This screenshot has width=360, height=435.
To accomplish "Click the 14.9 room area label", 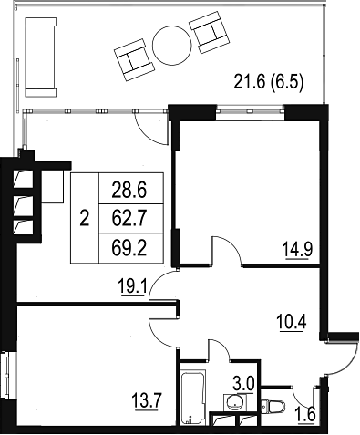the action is (x=298, y=249).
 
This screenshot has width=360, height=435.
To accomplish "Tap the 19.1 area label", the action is (x=134, y=287).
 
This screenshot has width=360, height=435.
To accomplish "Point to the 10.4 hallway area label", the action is (x=292, y=322).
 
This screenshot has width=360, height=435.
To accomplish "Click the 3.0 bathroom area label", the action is (x=243, y=385).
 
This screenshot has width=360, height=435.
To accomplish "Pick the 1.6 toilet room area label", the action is (x=306, y=415).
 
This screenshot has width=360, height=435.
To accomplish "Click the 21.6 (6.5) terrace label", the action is (x=269, y=82).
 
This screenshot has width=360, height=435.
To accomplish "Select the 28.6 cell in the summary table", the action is (x=129, y=191).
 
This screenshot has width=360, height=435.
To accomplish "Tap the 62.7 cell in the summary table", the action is (x=129, y=218).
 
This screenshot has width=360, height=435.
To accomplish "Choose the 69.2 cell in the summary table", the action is (x=129, y=248).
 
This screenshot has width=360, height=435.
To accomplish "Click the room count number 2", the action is (x=85, y=218).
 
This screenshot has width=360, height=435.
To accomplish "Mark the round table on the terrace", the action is (x=172, y=46).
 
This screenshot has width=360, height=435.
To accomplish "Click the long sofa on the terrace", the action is (x=41, y=57).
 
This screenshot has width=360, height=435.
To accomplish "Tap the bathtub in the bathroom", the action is (x=193, y=398).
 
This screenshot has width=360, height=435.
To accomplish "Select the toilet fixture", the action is (x=273, y=406).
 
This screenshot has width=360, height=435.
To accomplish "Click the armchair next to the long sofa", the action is (x=135, y=59).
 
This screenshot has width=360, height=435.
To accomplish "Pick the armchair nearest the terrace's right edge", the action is (x=209, y=32).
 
